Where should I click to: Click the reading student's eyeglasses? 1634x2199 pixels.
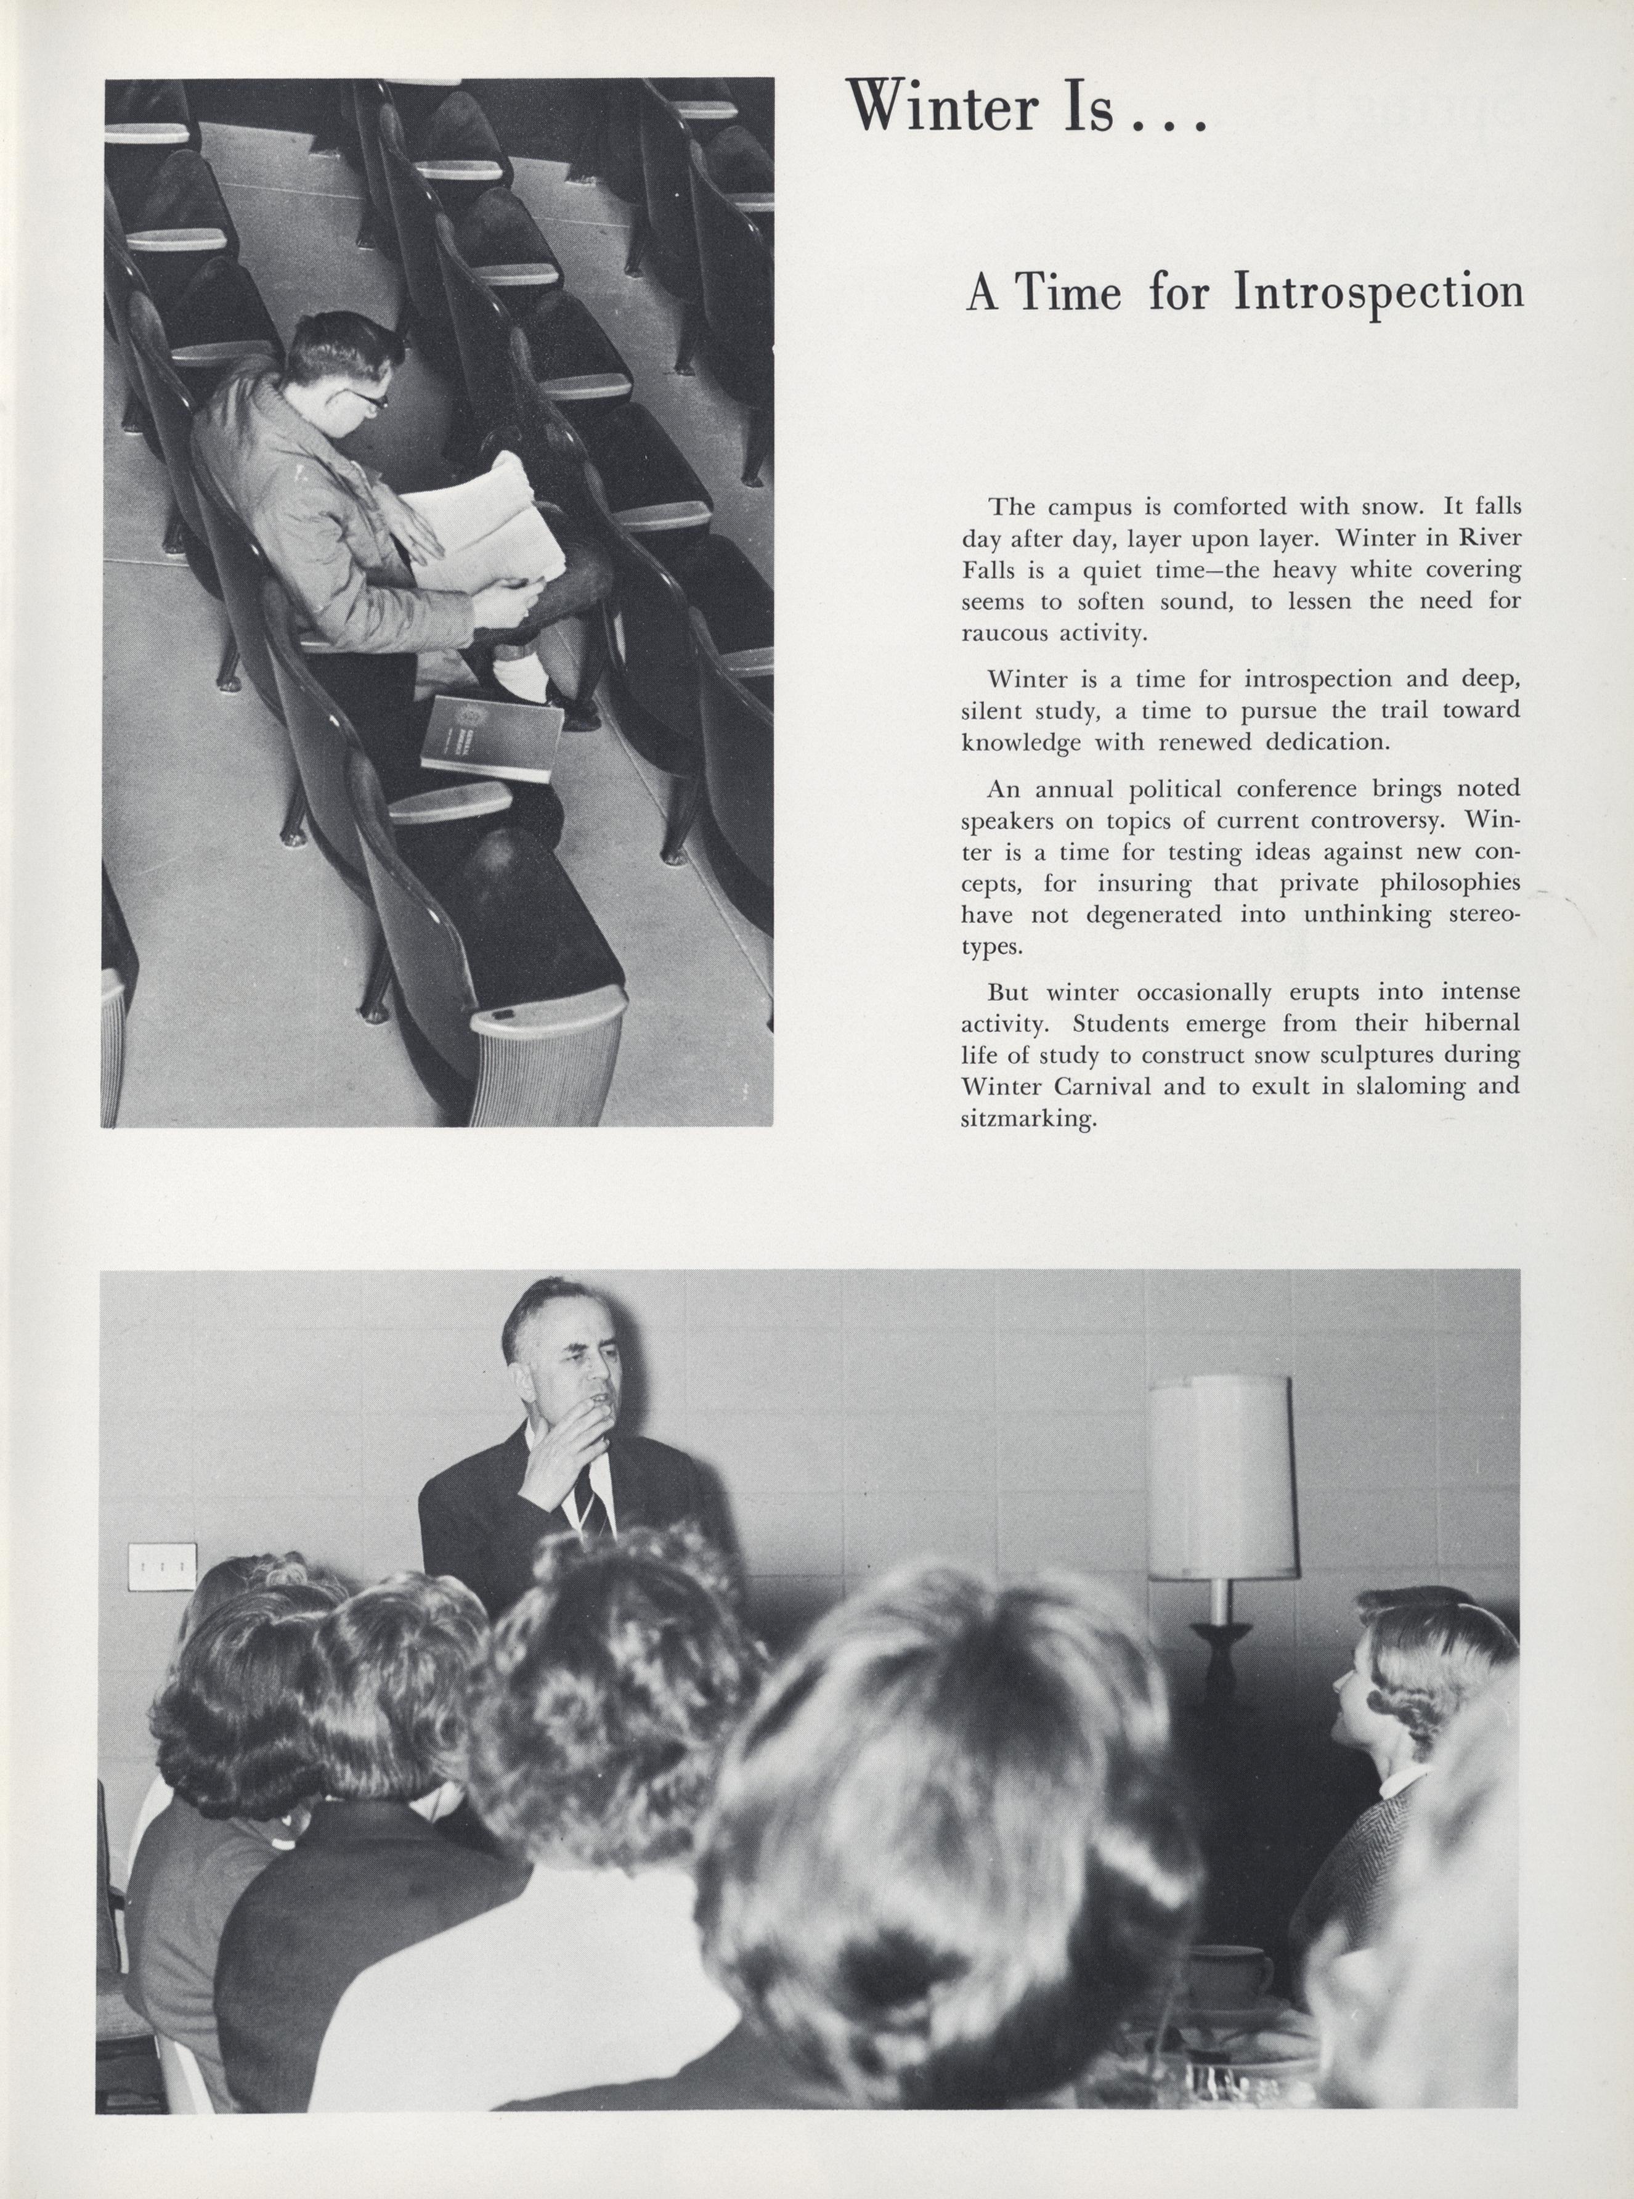[x=366, y=398]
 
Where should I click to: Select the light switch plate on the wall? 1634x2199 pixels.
[x=161, y=1567]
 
